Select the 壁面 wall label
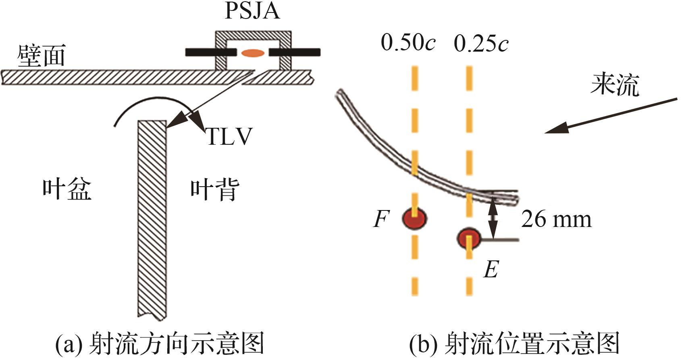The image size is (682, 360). click(x=41, y=55)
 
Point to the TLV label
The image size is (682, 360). click(x=229, y=136)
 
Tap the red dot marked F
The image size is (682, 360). click(x=414, y=218)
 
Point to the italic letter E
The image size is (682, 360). click(x=491, y=269)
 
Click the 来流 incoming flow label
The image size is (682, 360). click(x=614, y=85)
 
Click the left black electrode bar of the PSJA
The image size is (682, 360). click(x=210, y=52)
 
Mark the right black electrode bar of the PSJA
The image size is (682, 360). click(x=295, y=52)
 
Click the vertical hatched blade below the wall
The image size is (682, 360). click(x=152, y=218)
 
